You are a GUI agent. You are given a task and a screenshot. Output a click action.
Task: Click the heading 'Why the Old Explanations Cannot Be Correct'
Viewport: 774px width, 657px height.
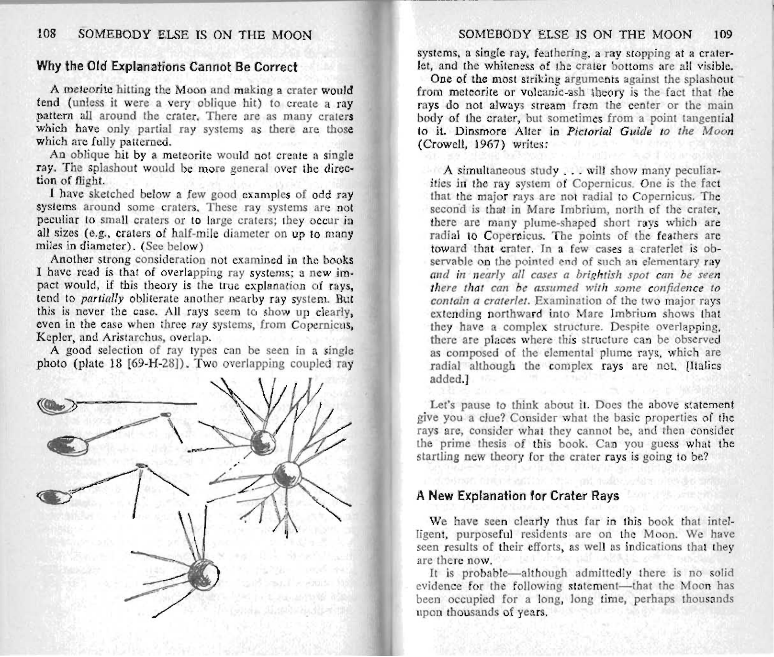coord(167,67)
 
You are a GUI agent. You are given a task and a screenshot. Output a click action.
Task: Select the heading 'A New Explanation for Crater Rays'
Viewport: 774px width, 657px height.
coord(518,496)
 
